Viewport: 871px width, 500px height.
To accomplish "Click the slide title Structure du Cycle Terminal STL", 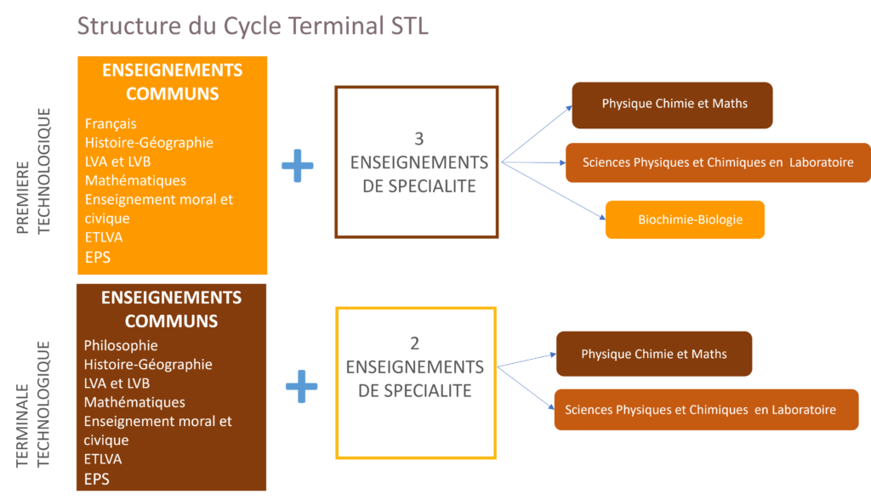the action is (x=253, y=26).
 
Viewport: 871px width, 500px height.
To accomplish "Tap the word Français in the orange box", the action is (x=111, y=124).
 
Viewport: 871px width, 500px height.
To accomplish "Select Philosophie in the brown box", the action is (x=121, y=345).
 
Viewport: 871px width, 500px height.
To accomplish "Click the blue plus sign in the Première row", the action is (x=298, y=166).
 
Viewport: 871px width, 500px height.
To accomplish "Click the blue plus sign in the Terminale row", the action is (x=302, y=386).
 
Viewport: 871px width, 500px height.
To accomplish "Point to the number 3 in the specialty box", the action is (x=418, y=139).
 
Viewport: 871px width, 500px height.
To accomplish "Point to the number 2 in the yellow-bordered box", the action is (x=414, y=344).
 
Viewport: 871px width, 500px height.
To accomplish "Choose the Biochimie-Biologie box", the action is (x=685, y=219).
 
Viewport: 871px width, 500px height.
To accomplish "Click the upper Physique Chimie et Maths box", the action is (x=672, y=105).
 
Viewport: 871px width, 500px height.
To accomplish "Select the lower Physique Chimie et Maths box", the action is (x=654, y=354).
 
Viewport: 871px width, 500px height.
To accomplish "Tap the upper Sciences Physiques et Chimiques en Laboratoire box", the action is (x=718, y=162).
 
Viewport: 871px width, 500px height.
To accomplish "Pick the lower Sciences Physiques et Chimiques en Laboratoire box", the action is (x=707, y=410).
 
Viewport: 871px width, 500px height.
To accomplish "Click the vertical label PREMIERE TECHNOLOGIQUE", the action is (x=33, y=171).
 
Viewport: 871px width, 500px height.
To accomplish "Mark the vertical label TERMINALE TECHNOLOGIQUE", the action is (x=33, y=405).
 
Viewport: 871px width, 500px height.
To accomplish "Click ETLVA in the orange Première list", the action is (x=103, y=237).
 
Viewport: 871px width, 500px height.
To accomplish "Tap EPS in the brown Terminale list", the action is (x=97, y=479).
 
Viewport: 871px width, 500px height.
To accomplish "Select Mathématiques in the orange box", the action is (x=135, y=180).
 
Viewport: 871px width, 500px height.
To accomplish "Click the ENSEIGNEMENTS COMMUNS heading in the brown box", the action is (x=171, y=310).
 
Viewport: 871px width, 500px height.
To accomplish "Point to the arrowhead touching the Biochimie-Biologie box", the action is (x=603, y=217).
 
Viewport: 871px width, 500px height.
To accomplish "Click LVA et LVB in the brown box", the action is (x=117, y=384).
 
